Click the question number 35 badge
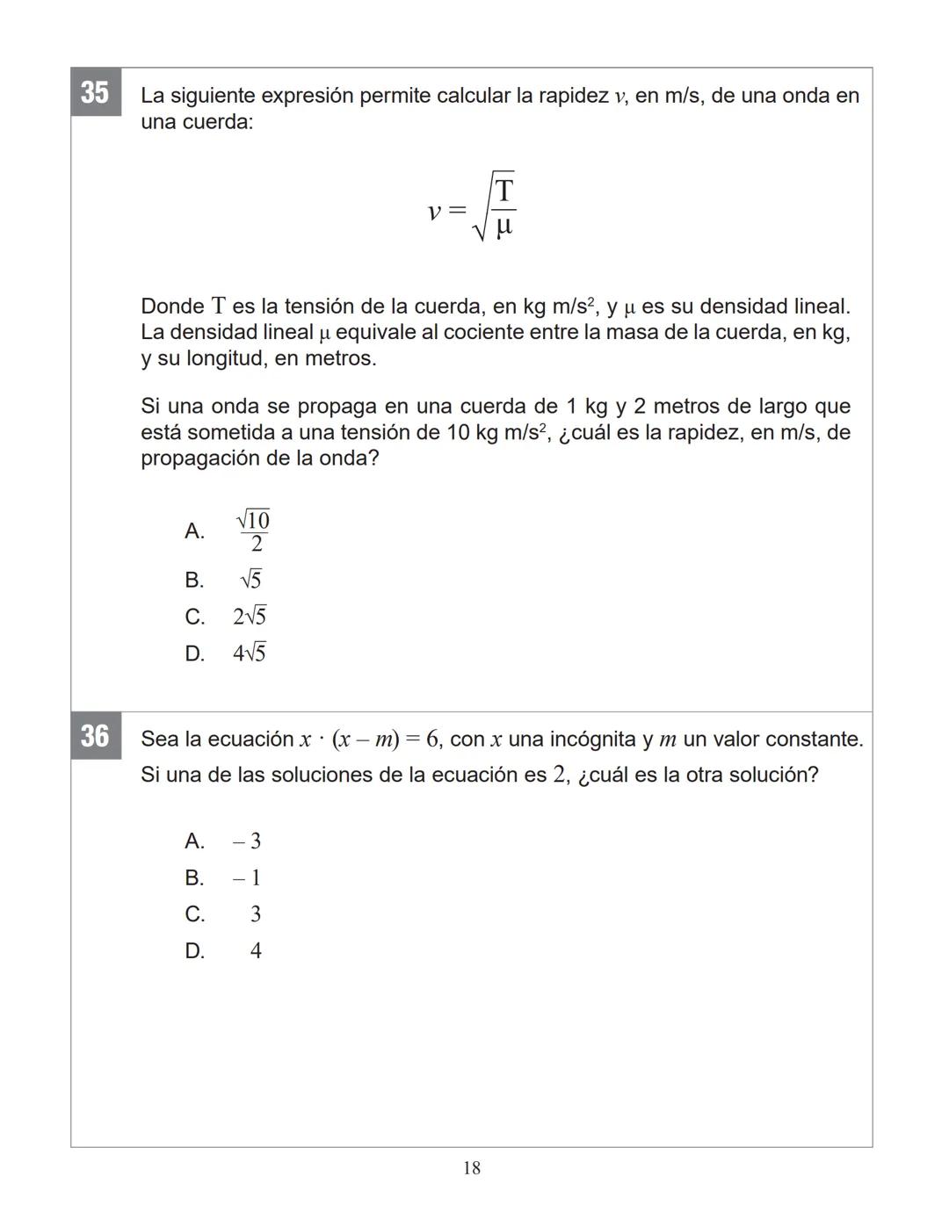click(95, 91)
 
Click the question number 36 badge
click(95, 735)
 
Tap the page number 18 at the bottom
click(472, 1167)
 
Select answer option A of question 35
click(253, 531)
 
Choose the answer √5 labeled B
click(250, 580)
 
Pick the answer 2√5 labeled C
click(250, 617)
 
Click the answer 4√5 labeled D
click(250, 653)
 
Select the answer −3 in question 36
click(247, 841)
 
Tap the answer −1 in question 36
click(247, 878)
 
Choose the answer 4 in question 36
click(256, 951)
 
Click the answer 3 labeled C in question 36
click(256, 914)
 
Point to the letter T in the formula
click(504, 191)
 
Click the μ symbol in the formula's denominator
click(504, 227)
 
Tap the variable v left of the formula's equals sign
click(434, 211)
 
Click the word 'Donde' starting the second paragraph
click(172, 307)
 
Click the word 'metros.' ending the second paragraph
click(340, 358)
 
